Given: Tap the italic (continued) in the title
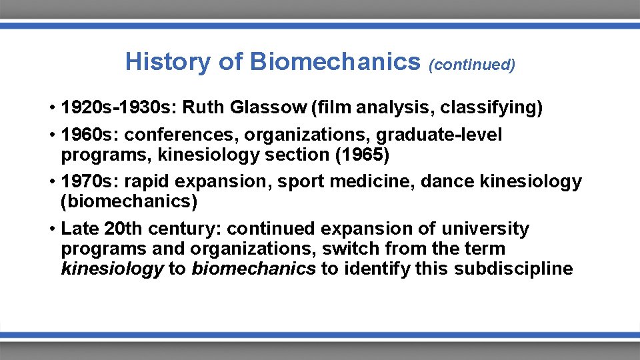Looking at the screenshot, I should (472, 65).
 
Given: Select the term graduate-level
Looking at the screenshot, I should (439, 135).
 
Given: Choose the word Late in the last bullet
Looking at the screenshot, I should (81, 229).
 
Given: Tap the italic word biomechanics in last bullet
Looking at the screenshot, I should (253, 269).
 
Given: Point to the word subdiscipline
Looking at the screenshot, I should (515, 269).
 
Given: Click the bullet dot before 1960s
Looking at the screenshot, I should (52, 135).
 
